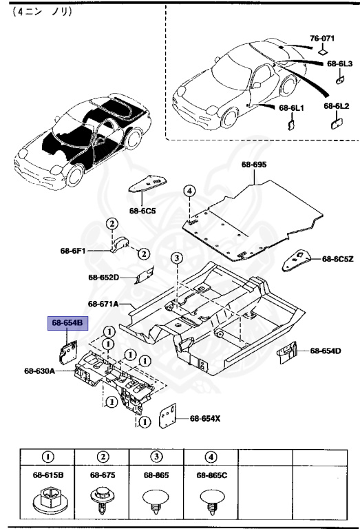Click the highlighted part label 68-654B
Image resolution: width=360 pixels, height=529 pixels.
coord(65,323)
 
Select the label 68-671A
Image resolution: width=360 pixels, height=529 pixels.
coord(103,304)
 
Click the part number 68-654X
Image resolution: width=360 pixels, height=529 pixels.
coord(205,418)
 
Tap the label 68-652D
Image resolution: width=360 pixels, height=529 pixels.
coord(103,278)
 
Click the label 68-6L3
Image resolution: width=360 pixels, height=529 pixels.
coord(339,63)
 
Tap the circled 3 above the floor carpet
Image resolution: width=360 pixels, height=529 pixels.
coord(176,259)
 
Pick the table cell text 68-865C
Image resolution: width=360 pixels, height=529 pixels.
coord(211,475)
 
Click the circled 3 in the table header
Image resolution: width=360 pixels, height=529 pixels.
coord(156,457)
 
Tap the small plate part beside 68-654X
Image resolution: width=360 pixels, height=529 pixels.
coord(168,416)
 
